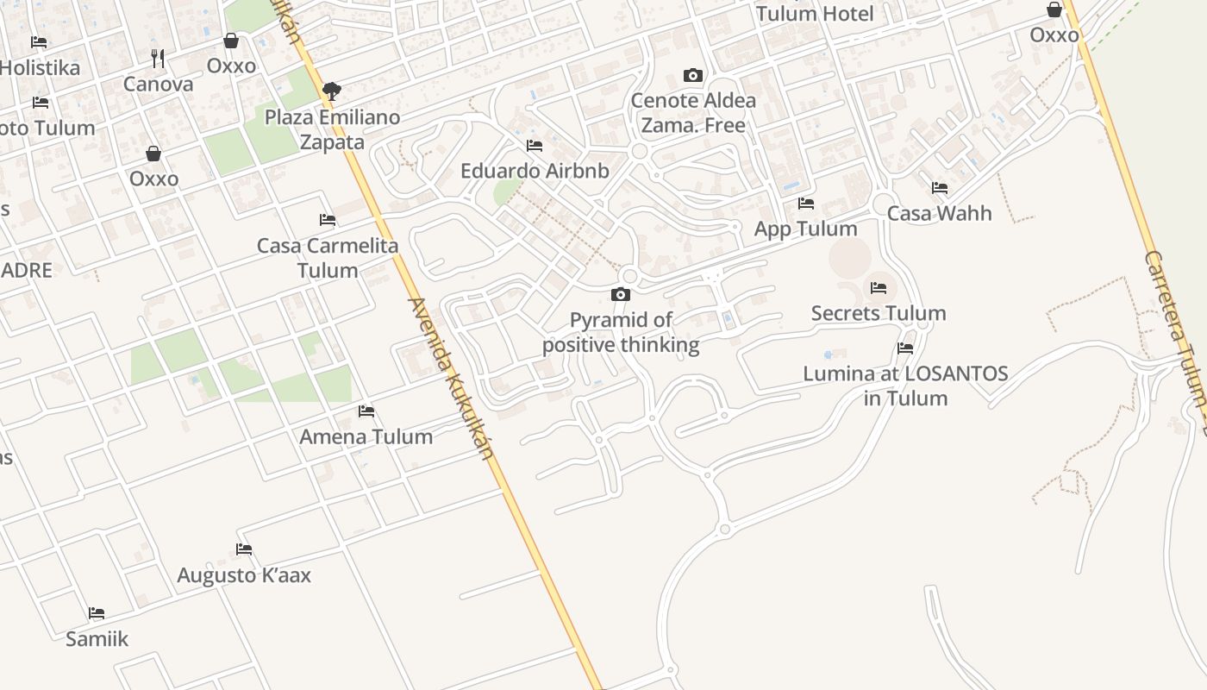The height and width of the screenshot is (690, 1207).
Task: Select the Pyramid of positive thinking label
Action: click(621, 333)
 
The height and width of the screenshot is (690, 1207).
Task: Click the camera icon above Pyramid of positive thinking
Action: click(621, 295)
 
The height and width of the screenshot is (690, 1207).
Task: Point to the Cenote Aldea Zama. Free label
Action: click(693, 112)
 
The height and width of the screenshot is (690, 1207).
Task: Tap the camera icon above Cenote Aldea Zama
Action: click(692, 76)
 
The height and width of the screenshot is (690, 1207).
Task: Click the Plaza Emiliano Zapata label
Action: click(333, 129)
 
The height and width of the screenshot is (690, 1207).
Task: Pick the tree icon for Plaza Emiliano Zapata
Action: click(331, 91)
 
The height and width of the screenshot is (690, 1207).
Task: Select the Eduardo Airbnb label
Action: click(535, 171)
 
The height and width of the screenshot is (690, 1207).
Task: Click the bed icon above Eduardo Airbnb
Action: click(535, 146)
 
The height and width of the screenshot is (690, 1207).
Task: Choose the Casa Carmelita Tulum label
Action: click(328, 258)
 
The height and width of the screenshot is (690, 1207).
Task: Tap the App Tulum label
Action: click(806, 229)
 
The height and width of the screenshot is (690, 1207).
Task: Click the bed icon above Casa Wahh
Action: click(940, 188)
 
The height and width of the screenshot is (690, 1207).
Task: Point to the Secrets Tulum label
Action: click(879, 313)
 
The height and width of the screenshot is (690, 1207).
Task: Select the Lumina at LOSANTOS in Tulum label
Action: click(905, 386)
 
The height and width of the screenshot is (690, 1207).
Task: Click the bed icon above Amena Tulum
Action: click(366, 411)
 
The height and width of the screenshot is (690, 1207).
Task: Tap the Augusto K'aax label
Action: click(244, 575)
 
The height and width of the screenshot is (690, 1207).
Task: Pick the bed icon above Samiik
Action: click(97, 613)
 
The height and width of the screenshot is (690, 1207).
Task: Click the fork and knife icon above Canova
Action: click(158, 59)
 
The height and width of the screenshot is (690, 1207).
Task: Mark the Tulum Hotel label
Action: click(815, 14)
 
